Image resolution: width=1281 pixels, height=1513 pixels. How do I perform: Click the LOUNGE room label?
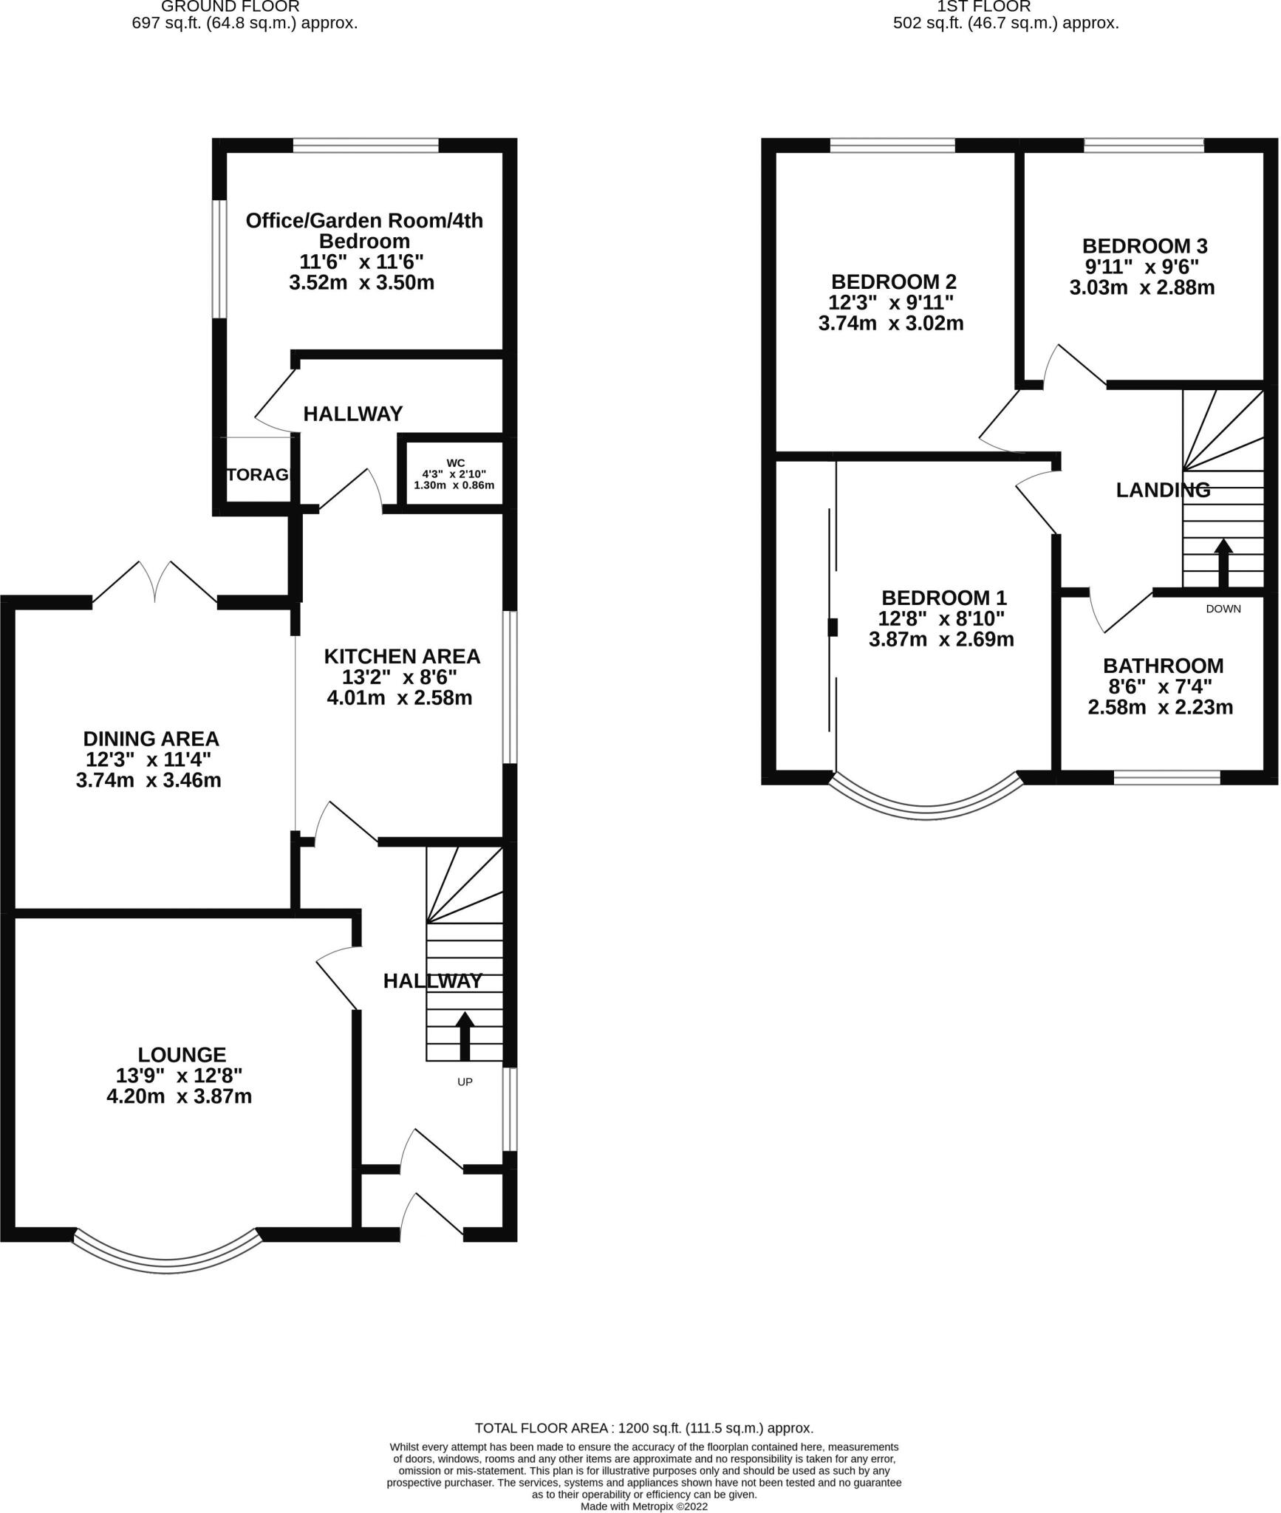182,1054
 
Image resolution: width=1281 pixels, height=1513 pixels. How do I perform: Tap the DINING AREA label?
151,738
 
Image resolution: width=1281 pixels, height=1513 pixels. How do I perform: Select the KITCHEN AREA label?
402,656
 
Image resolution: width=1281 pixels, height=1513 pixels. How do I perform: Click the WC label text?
455,462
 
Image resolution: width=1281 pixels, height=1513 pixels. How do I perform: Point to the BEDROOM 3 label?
1144,245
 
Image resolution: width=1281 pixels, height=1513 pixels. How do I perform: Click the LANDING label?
1162,489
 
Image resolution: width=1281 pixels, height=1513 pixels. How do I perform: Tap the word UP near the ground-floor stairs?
465,1082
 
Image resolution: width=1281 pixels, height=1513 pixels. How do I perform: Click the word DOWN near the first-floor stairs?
1223,609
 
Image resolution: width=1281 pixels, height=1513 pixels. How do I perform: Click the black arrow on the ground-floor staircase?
465,1035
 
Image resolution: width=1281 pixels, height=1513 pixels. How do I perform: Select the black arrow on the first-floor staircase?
1223,563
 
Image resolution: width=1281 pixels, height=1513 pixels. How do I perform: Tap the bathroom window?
1166,776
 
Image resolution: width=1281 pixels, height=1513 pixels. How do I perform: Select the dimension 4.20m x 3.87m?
179,1096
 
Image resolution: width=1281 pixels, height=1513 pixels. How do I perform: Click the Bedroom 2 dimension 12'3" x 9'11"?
891,302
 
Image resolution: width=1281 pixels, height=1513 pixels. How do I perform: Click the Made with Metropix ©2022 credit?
644,1506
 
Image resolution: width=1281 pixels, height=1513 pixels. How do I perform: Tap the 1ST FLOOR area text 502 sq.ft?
1005,23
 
